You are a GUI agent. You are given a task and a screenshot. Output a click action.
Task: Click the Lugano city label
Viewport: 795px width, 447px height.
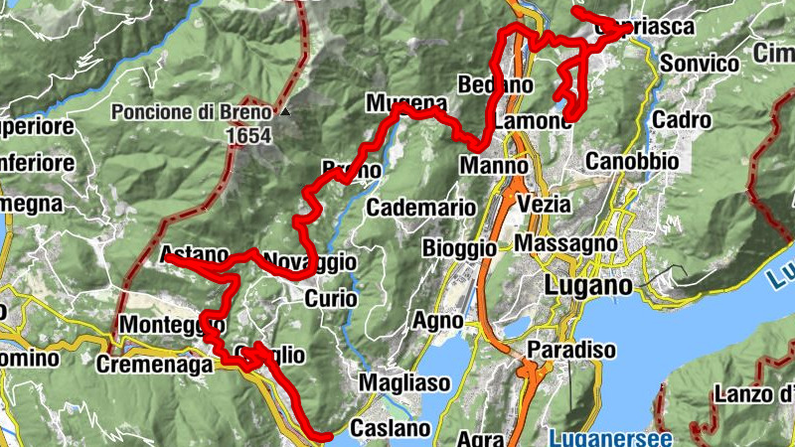pos(589,286)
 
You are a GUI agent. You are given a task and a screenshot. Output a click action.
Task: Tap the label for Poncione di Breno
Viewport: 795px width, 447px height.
pos(191,112)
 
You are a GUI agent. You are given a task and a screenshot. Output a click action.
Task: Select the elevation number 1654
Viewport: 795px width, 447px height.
pos(247,134)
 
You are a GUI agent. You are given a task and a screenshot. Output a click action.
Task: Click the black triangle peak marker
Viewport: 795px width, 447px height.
pos(285,112)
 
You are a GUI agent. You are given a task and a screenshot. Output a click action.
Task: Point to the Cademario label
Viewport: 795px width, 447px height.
pos(414,208)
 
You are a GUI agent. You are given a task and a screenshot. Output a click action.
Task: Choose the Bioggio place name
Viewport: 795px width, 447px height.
pos(458,246)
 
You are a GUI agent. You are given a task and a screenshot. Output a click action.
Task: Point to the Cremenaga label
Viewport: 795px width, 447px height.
pos(154,365)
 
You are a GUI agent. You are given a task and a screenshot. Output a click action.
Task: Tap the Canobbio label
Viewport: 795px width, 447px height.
pos(632,160)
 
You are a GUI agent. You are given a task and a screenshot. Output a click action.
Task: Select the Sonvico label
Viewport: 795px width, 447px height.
pos(700,65)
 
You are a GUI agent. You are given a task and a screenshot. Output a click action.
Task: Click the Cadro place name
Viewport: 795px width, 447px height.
pos(683,121)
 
